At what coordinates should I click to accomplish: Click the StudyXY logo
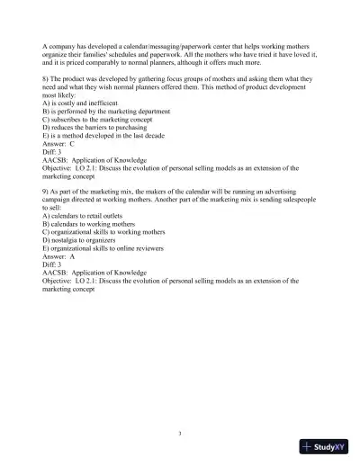click(325, 446)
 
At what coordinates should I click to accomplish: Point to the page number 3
click(180, 409)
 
